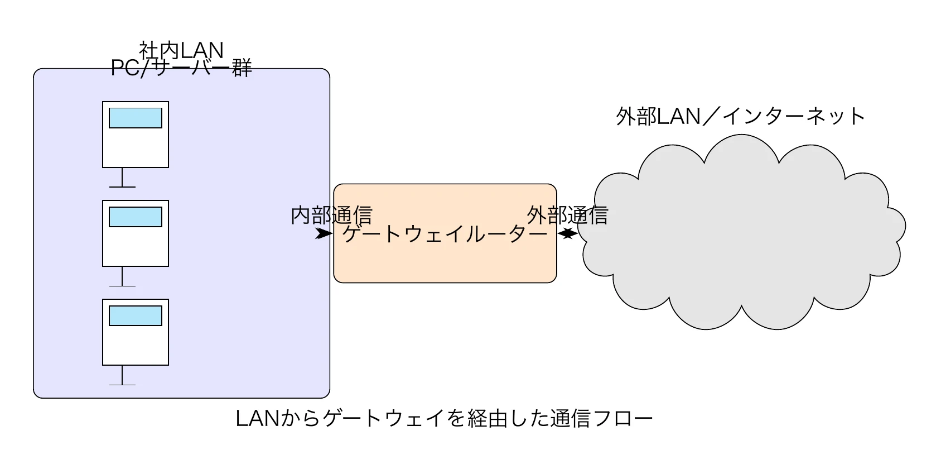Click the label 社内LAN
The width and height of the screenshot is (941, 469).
point(181,50)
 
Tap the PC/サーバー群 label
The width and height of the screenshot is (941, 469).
point(181,68)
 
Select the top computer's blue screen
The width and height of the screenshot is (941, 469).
point(136,118)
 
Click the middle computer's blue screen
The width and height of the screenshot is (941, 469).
point(136,217)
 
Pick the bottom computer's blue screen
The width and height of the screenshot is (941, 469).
point(136,315)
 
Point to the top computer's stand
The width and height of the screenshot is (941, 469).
point(122,179)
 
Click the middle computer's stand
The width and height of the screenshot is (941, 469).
point(122,277)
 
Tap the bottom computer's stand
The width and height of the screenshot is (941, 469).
point(122,376)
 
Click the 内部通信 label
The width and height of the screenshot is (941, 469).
point(331,216)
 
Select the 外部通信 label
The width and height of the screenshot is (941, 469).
point(567,216)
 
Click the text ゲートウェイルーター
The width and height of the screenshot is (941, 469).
point(445,234)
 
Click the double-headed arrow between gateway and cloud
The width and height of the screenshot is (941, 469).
point(567,234)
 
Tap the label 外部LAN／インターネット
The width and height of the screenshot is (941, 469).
point(740,116)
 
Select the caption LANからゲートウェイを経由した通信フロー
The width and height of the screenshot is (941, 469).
point(444,418)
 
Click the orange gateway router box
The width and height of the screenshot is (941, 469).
point(445,262)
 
